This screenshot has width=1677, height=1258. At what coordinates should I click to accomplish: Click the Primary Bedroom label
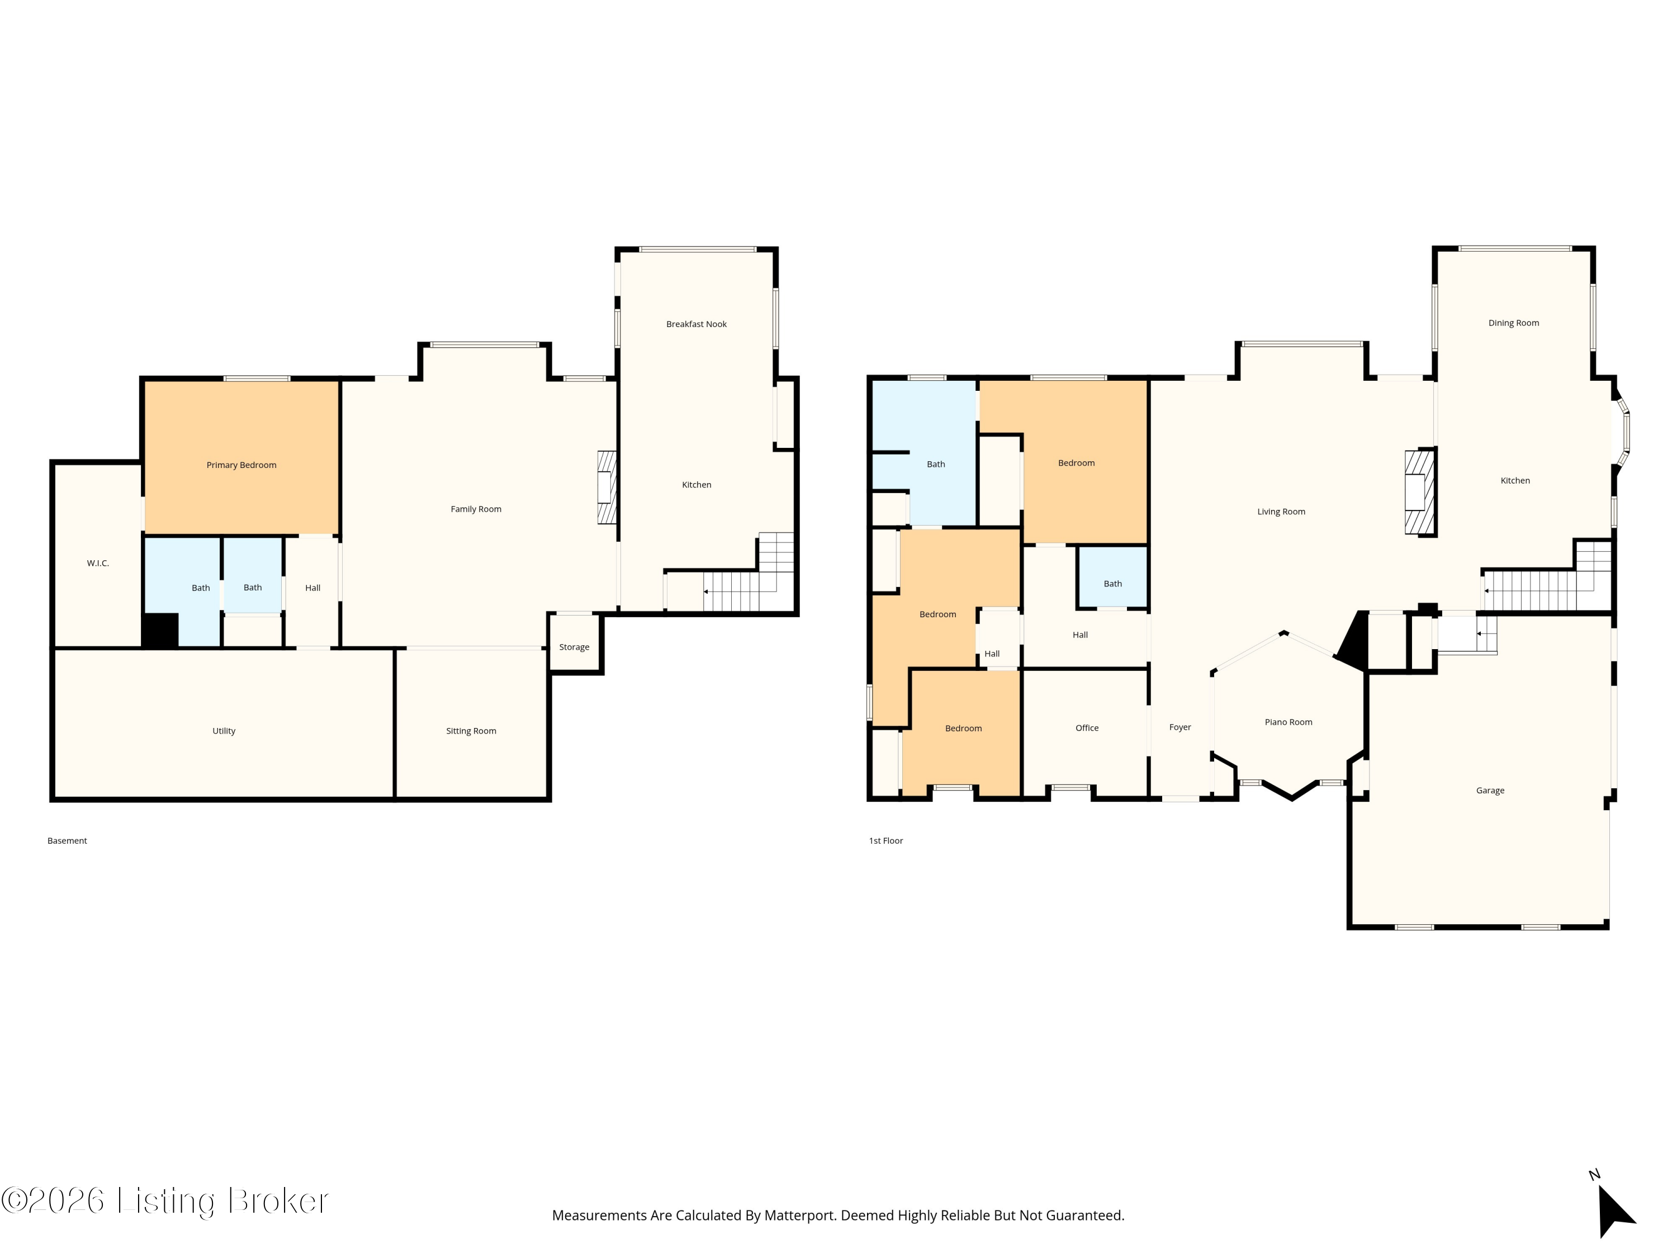(x=241, y=465)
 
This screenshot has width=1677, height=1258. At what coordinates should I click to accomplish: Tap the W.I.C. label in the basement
(x=98, y=562)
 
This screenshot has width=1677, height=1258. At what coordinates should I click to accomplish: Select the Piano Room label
(x=1288, y=722)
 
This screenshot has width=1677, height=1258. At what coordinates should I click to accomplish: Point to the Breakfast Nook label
(x=696, y=324)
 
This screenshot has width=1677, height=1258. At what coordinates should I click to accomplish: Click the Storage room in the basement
(x=574, y=644)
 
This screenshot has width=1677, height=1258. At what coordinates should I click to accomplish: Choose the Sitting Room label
(x=471, y=731)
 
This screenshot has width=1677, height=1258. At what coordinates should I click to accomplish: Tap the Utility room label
(x=224, y=731)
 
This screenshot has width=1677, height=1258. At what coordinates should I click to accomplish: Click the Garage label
(x=1490, y=790)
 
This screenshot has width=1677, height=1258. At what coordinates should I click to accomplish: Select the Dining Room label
(x=1513, y=323)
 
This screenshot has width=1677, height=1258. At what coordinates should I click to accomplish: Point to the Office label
(x=1086, y=728)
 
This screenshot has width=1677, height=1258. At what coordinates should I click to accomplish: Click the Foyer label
(x=1179, y=727)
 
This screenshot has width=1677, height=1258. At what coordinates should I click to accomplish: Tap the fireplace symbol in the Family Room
(x=607, y=488)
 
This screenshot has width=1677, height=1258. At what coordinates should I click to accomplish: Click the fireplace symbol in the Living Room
(x=1419, y=492)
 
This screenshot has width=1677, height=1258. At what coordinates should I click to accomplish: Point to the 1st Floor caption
(x=885, y=840)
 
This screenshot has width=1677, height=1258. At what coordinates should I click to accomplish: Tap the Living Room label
(x=1281, y=512)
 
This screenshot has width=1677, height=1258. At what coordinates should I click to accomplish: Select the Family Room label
(x=475, y=509)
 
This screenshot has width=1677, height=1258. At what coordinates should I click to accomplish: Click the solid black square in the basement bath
(x=160, y=630)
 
